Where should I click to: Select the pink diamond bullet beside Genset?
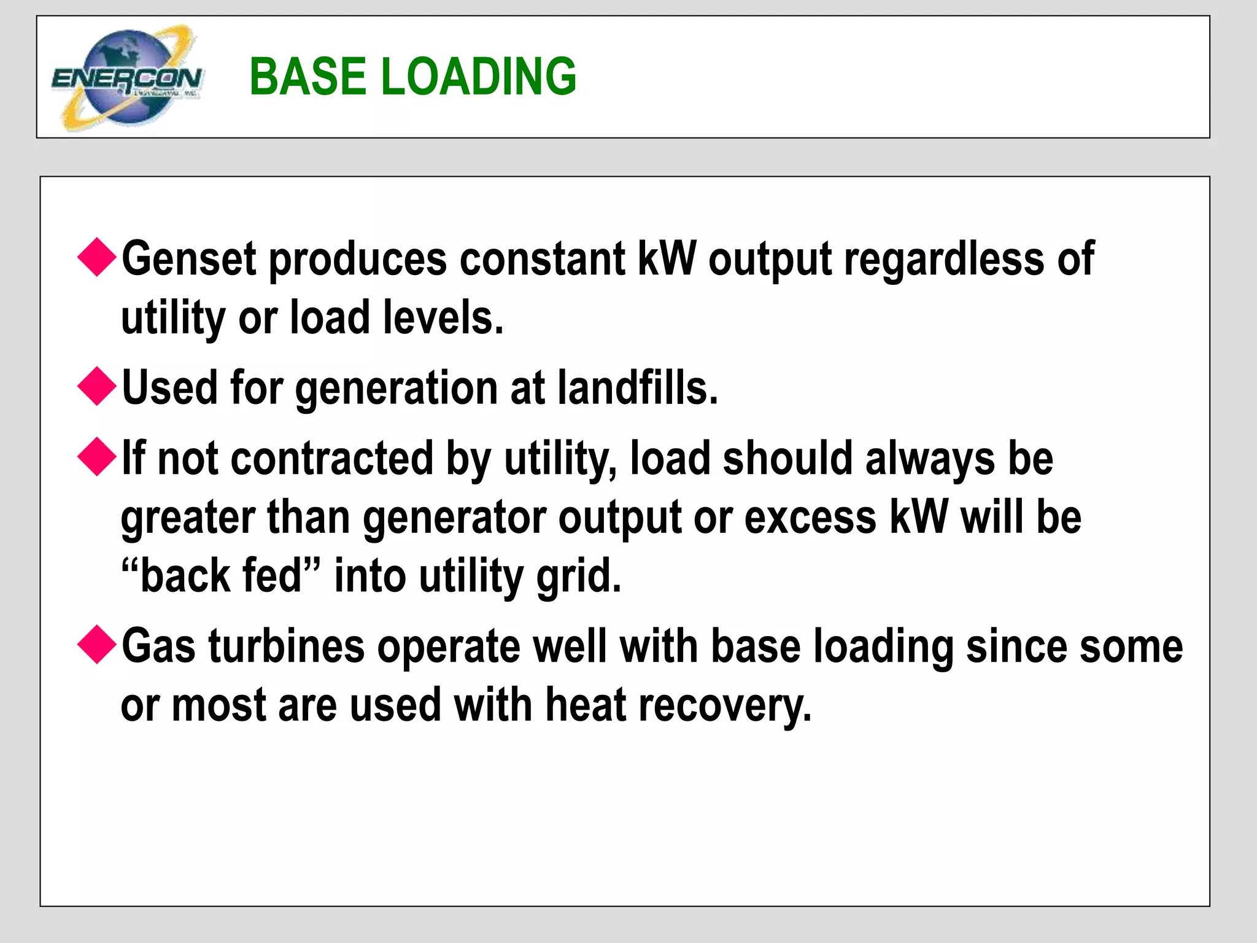(x=97, y=257)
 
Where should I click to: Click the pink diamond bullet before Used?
(x=97, y=386)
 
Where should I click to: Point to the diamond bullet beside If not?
(x=97, y=457)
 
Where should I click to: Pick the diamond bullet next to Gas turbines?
(x=97, y=645)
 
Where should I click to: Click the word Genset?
(x=188, y=259)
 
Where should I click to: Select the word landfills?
(x=637, y=388)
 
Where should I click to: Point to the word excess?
(x=810, y=518)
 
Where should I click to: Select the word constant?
(x=543, y=259)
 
